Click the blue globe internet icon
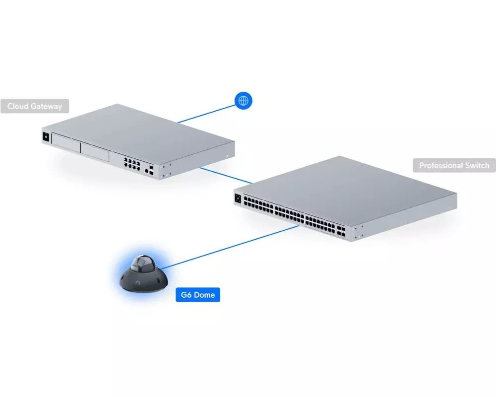(x=243, y=101)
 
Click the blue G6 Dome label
(x=197, y=295)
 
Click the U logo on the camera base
(x=135, y=283)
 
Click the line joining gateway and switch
(x=226, y=175)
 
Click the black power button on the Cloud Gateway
(x=46, y=136)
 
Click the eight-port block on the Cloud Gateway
(x=130, y=163)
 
